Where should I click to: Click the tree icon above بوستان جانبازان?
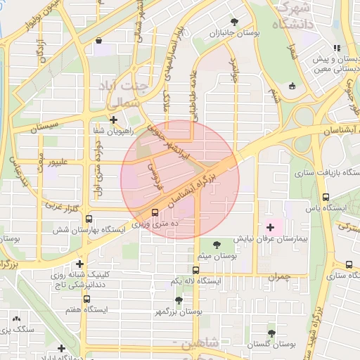(234, 22)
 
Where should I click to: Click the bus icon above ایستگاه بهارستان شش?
(89, 219)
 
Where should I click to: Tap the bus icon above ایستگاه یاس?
(326, 198)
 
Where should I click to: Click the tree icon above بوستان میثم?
(217, 243)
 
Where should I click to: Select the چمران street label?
(278, 278)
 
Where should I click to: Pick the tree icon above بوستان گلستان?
(271, 333)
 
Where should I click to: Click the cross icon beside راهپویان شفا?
(113, 120)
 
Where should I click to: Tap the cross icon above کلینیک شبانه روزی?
(80, 264)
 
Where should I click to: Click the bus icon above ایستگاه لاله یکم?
(196, 269)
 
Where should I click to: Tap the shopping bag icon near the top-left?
(97, 41)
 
